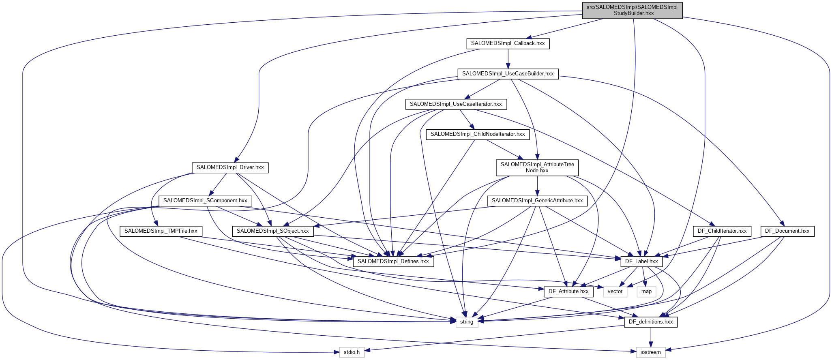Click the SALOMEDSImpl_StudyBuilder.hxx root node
[632, 10]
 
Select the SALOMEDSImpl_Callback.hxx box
[508, 43]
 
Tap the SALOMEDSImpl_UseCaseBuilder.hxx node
[508, 74]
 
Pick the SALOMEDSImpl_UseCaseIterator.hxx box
[456, 104]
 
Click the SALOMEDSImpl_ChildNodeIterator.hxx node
[478, 134]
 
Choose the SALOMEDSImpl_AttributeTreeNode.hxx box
[537, 167]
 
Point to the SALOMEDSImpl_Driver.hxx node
[230, 167]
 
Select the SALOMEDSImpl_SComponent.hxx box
[205, 201]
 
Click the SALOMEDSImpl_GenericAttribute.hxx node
[537, 201]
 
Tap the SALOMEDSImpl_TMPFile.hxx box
[161, 231]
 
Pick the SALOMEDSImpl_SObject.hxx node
[272, 231]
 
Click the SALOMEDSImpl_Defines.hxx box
[393, 261]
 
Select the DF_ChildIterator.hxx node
[722, 231]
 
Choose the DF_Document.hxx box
[787, 231]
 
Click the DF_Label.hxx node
[641, 261]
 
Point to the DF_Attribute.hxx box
[568, 291]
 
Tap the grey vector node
[615, 291]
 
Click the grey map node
[646, 291]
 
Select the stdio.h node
[352, 352]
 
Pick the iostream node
[650, 352]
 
